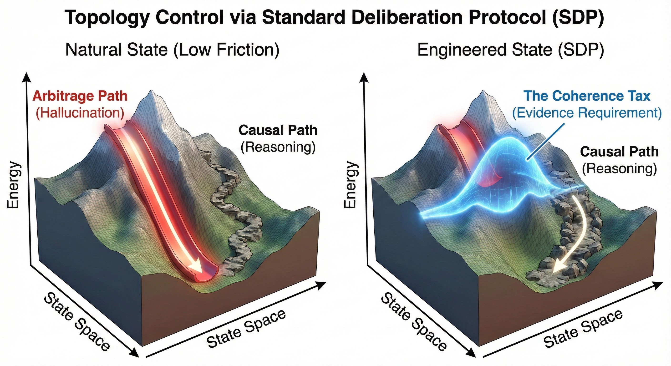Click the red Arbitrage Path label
(x=80, y=96)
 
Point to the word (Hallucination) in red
(x=80, y=113)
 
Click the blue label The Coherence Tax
(x=587, y=96)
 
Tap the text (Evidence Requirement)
(x=587, y=113)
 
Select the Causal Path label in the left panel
(x=278, y=130)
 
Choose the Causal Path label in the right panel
(x=619, y=152)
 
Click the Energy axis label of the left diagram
(x=13, y=185)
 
